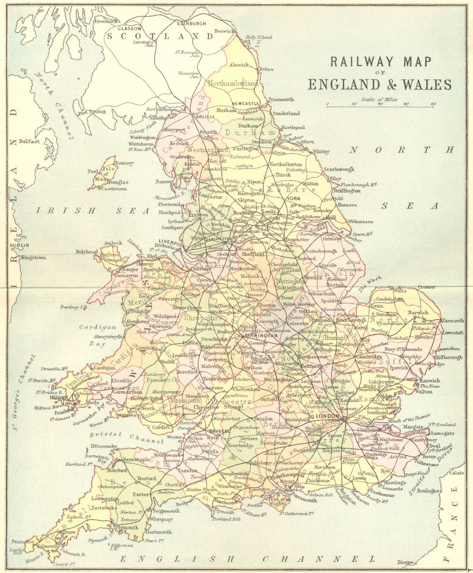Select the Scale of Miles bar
click(x=380, y=107)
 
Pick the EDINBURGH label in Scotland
click(x=191, y=23)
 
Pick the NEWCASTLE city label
click(x=245, y=103)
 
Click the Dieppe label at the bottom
click(x=406, y=562)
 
